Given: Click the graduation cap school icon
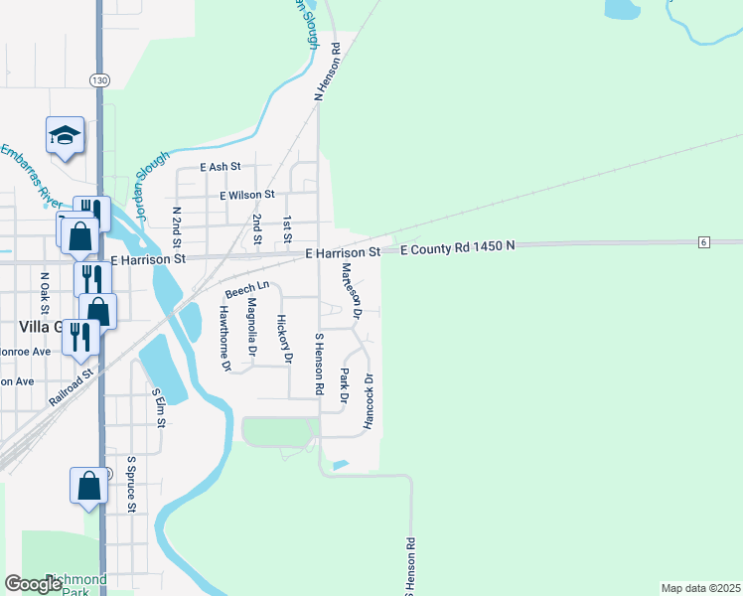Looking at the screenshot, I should (x=66, y=135).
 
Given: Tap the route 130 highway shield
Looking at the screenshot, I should (x=98, y=80).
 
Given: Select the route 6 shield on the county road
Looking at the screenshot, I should (x=703, y=242).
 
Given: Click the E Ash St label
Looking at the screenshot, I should (x=220, y=168).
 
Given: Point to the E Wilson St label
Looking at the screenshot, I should (x=247, y=196).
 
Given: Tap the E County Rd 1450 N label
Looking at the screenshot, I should (x=459, y=247).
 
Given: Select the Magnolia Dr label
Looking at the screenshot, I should (x=251, y=327).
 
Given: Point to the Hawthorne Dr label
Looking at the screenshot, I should (x=225, y=338).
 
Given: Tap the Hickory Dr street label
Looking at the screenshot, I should (x=284, y=338).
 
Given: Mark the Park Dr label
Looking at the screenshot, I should (x=345, y=385).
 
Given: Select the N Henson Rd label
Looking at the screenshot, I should (x=328, y=72).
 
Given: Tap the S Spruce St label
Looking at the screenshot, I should (x=130, y=486).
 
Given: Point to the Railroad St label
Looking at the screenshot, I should (x=71, y=386).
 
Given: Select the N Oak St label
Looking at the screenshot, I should (x=44, y=289).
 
